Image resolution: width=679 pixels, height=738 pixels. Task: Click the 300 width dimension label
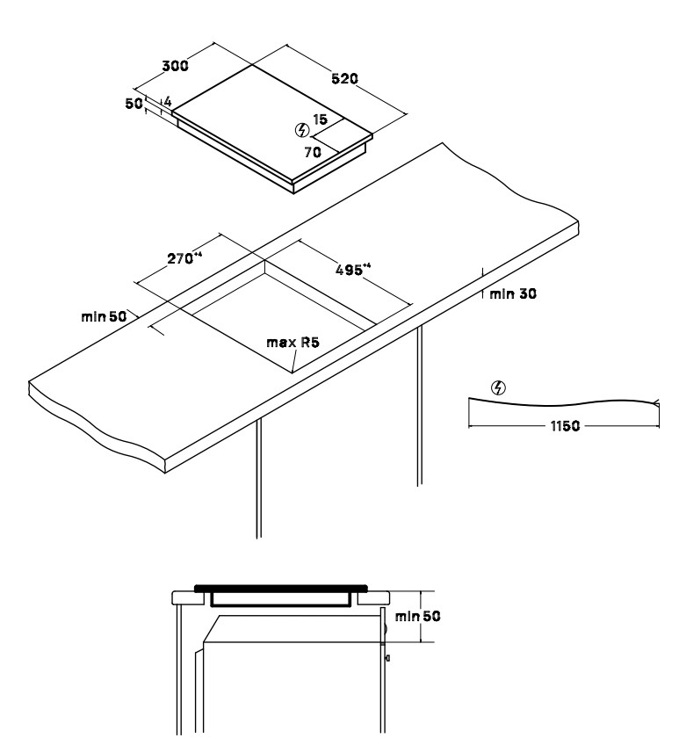pos(175,66)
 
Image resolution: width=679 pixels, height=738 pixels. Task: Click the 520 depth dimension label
pos(344,78)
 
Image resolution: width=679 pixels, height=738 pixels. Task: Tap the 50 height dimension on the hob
pos(134,104)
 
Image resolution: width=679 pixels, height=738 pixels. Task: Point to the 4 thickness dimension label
pos(168,102)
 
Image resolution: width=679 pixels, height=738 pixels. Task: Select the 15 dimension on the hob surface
pos(320,119)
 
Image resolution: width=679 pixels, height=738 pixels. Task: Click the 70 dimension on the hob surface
pos(313,152)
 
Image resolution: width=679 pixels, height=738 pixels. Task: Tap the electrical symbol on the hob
pos(302,130)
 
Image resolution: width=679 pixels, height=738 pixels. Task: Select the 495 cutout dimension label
pos(353,269)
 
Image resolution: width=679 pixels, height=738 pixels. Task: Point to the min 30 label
pos(513,293)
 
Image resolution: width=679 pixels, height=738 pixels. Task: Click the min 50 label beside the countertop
pos(104,316)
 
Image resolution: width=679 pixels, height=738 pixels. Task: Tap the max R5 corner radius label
pos(293,342)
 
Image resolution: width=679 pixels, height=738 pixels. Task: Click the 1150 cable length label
pos(565,426)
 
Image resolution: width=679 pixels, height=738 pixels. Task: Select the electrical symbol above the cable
pos(498,388)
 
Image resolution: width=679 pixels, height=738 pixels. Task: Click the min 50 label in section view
pos(417,616)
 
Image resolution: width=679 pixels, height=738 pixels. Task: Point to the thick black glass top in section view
pos(281,588)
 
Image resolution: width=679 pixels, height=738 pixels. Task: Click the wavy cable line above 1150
pos(564,404)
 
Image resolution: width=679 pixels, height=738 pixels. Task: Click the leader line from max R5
pos(294,361)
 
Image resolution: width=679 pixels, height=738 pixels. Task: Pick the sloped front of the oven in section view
pos(213,628)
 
